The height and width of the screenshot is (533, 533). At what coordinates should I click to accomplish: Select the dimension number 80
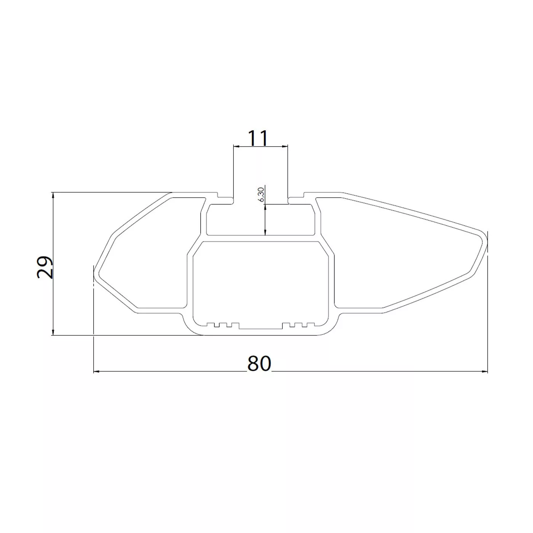pyautogui.click(x=259, y=364)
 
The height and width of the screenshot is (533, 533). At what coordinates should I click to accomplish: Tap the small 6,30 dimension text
pyautogui.click(x=261, y=195)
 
